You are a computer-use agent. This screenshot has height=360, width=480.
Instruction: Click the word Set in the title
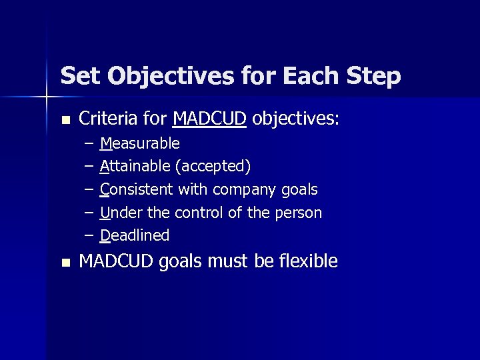coord(81,76)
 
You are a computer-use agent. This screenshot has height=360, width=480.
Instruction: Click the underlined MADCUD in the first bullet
coord(209,119)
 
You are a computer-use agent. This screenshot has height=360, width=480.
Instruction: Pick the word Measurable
coord(140,143)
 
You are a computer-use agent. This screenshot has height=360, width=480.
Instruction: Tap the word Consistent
coord(137,189)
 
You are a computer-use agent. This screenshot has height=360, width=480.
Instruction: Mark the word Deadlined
coord(135,235)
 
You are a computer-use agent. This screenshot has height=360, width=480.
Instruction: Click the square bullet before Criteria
coord(65,121)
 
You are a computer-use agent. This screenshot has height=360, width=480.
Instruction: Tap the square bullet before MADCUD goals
coord(65,263)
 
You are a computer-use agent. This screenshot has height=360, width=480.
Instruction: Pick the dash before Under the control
coord(89,213)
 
